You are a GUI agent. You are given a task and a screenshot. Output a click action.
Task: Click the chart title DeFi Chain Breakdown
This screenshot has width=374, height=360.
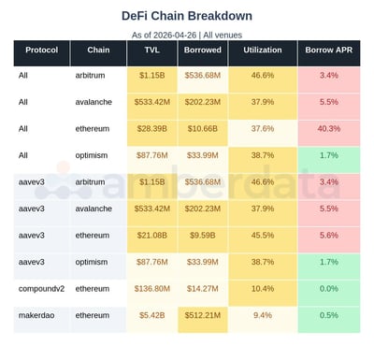(186, 16)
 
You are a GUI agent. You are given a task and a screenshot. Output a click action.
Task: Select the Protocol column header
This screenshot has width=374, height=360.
(41, 49)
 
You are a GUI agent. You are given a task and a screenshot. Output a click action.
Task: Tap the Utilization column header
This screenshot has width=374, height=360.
(263, 49)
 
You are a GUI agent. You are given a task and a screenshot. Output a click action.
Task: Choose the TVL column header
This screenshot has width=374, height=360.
(151, 49)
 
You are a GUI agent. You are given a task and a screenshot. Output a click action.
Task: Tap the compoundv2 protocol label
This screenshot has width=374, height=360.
(41, 289)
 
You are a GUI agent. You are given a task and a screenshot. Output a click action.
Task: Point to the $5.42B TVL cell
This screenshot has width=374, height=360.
(151, 316)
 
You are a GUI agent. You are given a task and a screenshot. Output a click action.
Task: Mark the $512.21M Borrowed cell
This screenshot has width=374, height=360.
(203, 316)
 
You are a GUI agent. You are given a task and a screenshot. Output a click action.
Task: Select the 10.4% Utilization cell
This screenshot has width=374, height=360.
(263, 289)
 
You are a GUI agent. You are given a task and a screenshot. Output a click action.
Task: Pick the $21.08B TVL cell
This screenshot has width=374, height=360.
(151, 236)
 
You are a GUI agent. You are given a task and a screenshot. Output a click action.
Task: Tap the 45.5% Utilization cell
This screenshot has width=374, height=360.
(263, 236)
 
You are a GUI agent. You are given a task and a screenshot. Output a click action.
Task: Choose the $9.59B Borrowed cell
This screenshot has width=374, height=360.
(203, 236)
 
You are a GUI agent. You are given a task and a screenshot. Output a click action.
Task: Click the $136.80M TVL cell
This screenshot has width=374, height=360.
(151, 289)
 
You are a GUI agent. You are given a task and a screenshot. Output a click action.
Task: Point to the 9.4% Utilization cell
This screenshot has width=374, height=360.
(263, 316)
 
